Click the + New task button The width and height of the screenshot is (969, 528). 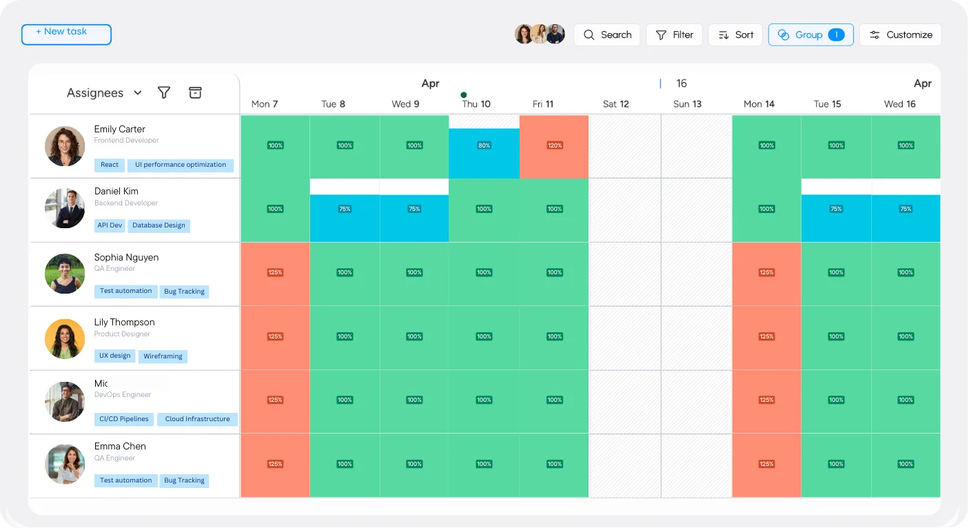click(66, 34)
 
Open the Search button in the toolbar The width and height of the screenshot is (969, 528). click(606, 35)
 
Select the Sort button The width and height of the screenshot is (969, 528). click(735, 35)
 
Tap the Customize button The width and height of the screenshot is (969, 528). click(900, 35)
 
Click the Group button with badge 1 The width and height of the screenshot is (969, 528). click(810, 35)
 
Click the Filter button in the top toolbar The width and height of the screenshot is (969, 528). click(674, 35)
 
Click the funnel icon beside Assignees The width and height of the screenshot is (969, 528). click(164, 93)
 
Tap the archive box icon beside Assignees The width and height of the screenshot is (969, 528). click(195, 93)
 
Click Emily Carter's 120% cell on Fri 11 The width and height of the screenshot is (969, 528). click(554, 146)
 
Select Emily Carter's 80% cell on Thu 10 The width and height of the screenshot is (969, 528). click(484, 146)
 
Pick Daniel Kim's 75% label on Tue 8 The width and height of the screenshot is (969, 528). click(345, 209)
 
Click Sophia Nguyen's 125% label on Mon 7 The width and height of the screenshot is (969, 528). click(275, 272)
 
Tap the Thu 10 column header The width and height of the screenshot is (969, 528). click(476, 104)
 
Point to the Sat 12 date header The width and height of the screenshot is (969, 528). click(615, 104)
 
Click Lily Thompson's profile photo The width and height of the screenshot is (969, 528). click(65, 338)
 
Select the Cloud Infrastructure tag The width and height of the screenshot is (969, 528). click(197, 419)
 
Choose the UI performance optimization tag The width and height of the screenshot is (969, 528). click(181, 165)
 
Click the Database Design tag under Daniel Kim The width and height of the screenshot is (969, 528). click(159, 225)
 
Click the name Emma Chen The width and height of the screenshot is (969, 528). click(120, 447)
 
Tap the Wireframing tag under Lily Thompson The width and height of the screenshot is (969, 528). click(163, 356)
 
